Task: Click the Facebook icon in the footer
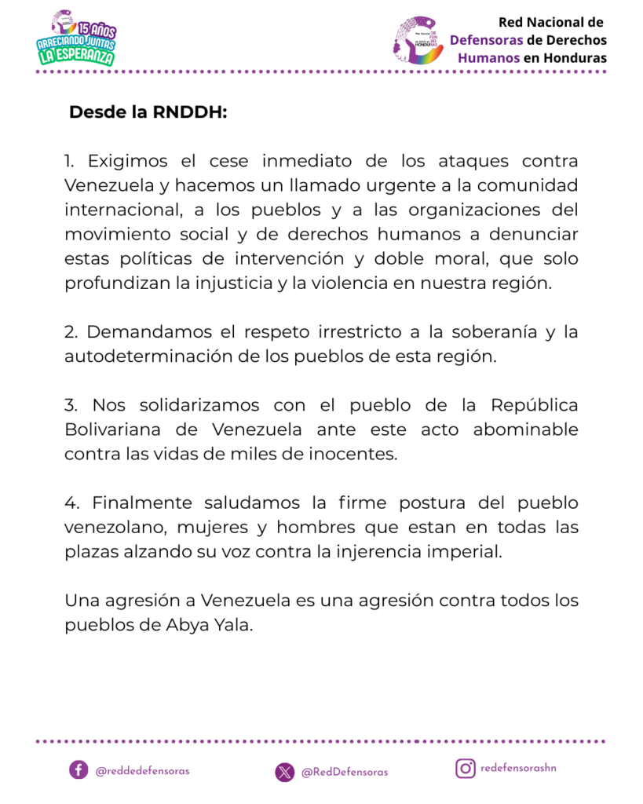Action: coord(78,769)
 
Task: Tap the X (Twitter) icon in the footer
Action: coord(285,772)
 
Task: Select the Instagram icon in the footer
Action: coord(466,768)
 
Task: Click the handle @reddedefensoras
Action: coord(142,771)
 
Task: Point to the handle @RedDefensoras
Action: coord(345,773)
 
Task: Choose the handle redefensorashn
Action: coord(518,768)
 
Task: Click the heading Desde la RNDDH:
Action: coord(148,112)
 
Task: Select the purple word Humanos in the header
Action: coord(487,58)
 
